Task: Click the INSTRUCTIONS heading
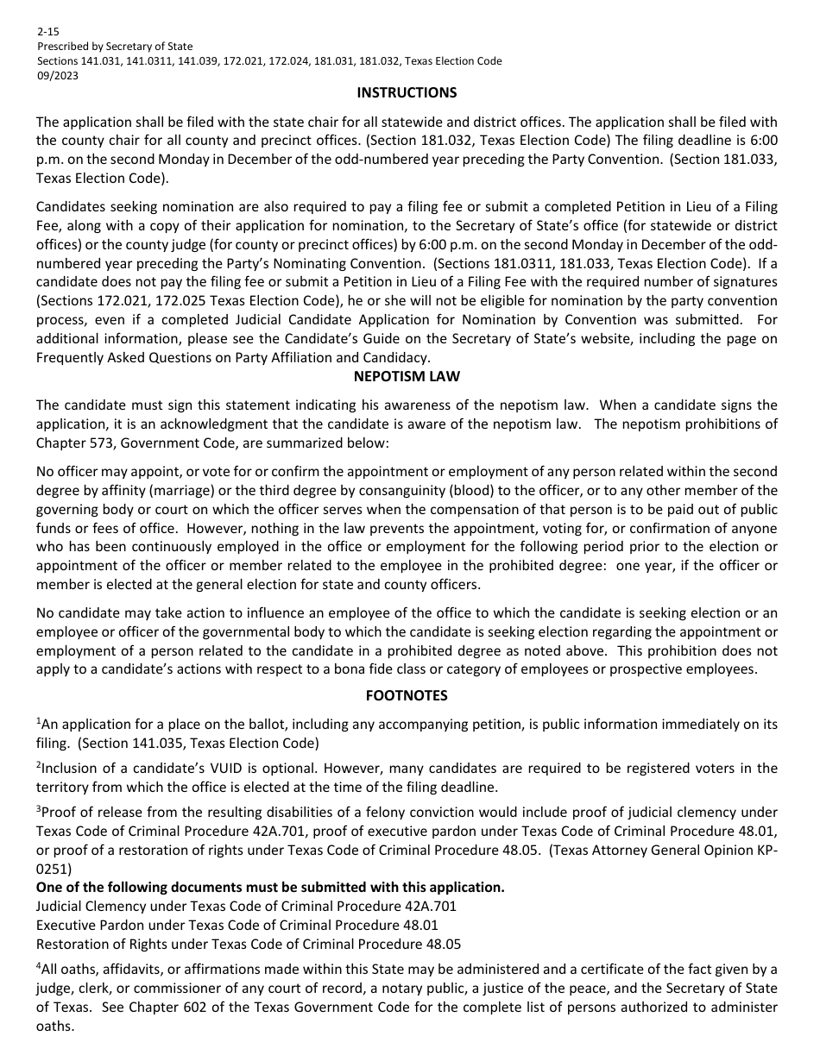(x=407, y=92)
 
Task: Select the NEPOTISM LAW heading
(x=407, y=376)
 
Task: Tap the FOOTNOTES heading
(x=407, y=695)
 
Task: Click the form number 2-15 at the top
(x=47, y=31)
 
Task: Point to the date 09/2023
(x=55, y=75)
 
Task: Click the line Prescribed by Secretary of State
(x=115, y=46)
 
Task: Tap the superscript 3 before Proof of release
(x=38, y=809)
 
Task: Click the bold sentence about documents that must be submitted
(x=270, y=888)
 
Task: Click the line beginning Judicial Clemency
(x=246, y=906)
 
